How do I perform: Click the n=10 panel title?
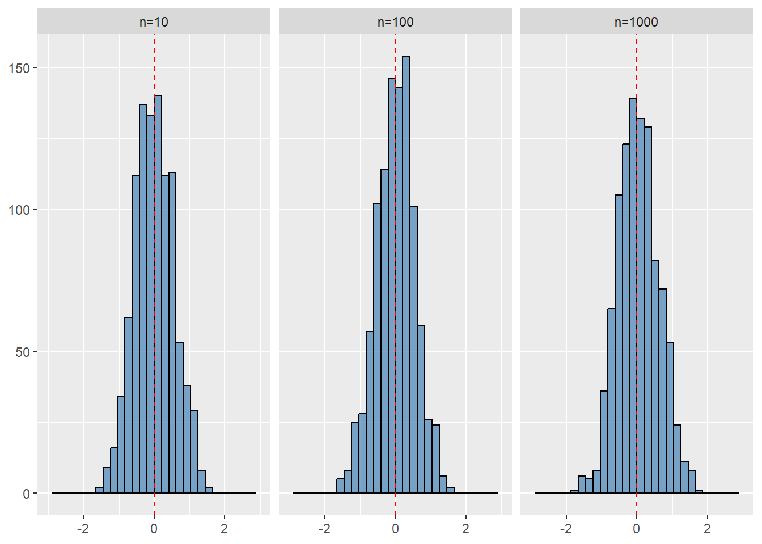tap(154, 22)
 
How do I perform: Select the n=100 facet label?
tap(395, 22)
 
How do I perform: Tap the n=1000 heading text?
tap(636, 22)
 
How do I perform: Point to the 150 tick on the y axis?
tap(19, 69)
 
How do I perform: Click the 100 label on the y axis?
tap(19, 210)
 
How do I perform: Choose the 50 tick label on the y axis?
tap(23, 352)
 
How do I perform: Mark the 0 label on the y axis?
tap(27, 494)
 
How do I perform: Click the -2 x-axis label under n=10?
tap(83, 529)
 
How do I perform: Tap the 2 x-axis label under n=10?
tap(224, 529)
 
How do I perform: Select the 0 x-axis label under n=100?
tap(395, 529)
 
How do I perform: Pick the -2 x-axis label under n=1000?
tap(566, 529)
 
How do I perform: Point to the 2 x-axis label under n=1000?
tap(707, 529)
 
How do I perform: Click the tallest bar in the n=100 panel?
tap(406, 274)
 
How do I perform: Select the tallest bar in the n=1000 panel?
tap(633, 296)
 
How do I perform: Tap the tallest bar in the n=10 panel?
tap(158, 295)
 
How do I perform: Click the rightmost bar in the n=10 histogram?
tap(209, 490)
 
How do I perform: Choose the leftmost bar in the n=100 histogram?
tap(340, 486)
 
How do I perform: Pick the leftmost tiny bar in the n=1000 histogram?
tap(574, 492)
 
